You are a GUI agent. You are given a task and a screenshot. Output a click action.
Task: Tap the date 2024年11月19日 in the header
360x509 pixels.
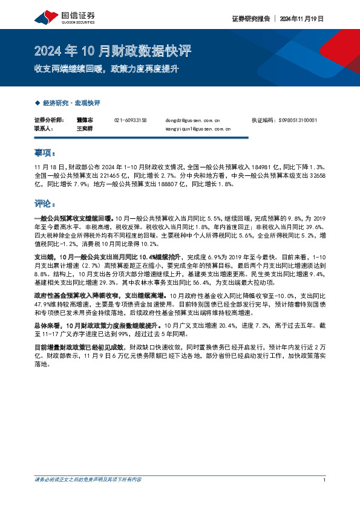[x=302, y=19]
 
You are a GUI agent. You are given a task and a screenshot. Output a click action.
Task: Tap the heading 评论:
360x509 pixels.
[x=44, y=203]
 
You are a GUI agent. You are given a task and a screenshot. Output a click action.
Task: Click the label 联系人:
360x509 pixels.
[x=44, y=129]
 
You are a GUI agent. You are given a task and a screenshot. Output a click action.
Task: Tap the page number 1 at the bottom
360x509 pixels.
[x=325, y=479]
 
